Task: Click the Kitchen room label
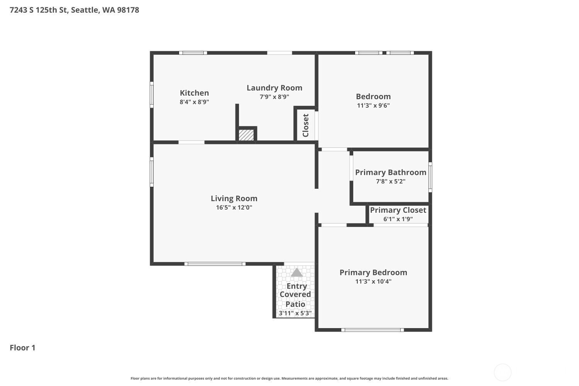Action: click(194, 93)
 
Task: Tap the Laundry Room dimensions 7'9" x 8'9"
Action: click(274, 97)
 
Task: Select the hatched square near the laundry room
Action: click(246, 135)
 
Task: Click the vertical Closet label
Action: click(306, 125)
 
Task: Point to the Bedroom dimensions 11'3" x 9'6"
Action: click(373, 105)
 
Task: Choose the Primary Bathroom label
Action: click(391, 173)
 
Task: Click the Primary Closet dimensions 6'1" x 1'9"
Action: click(398, 219)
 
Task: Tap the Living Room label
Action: click(234, 198)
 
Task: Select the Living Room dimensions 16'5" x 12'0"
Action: click(234, 207)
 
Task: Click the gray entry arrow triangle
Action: click(296, 273)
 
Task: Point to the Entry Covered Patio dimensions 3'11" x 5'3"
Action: click(295, 313)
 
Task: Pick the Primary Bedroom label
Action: click(373, 273)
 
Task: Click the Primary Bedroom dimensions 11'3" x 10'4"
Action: click(373, 281)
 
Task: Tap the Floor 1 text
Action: click(22, 348)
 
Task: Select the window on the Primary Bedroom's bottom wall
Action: click(372, 330)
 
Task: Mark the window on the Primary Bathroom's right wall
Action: click(430, 177)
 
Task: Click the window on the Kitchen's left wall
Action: click(152, 95)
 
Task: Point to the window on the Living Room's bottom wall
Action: click(215, 264)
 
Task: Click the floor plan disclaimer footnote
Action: click(289, 378)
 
